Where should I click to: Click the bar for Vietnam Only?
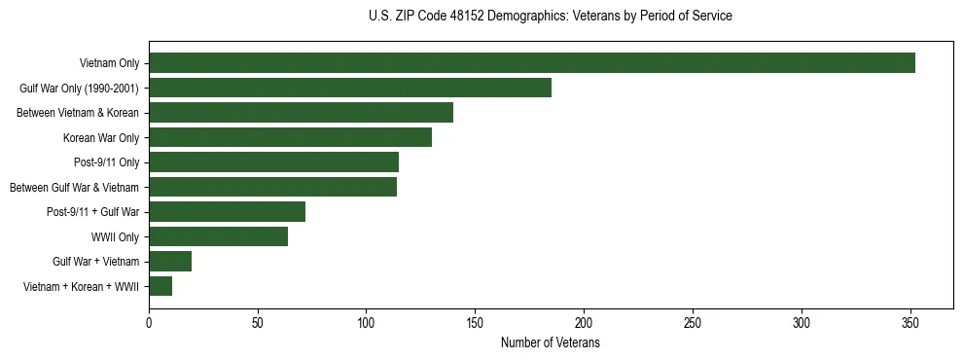click(x=531, y=63)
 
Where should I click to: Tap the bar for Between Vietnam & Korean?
click(x=301, y=113)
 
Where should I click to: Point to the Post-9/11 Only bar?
click(x=273, y=162)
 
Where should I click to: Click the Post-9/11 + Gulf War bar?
click(x=227, y=212)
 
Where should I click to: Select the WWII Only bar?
click(x=218, y=236)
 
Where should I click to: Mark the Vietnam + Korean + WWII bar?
click(x=160, y=286)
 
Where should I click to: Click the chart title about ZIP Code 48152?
click(x=551, y=17)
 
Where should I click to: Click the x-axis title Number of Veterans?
click(x=551, y=343)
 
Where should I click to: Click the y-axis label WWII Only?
click(x=115, y=236)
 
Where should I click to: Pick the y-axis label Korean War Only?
click(x=101, y=137)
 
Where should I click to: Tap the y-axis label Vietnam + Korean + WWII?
click(x=82, y=286)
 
